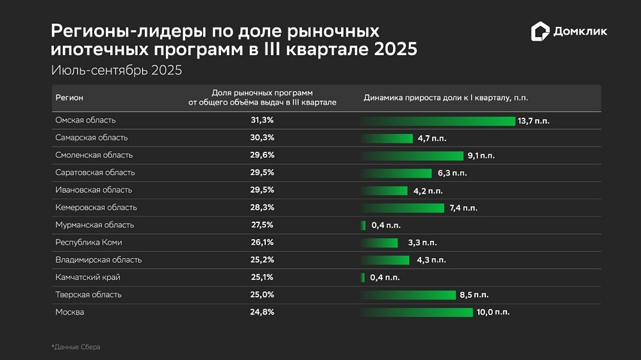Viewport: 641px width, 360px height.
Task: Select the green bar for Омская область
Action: tap(438, 120)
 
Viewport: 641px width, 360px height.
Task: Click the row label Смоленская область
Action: tap(94, 155)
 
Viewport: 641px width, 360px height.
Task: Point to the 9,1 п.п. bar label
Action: tap(481, 156)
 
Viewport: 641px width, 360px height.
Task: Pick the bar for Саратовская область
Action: tap(397, 173)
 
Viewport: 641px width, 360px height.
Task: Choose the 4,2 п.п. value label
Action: tap(426, 191)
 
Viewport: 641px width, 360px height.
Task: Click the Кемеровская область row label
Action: tap(96, 208)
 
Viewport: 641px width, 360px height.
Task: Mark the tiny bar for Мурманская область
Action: tap(363, 225)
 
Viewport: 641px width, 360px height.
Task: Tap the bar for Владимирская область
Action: tap(385, 260)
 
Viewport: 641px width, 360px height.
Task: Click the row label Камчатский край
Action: tap(88, 277)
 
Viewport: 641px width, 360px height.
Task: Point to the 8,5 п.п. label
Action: tap(474, 295)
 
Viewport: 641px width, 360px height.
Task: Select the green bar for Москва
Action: tap(417, 313)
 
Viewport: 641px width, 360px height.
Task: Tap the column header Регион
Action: tap(69, 98)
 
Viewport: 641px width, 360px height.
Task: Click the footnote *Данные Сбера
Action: tap(76, 347)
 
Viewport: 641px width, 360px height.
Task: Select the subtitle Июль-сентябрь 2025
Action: tap(116, 70)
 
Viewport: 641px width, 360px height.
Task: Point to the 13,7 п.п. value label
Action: tap(535, 121)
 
